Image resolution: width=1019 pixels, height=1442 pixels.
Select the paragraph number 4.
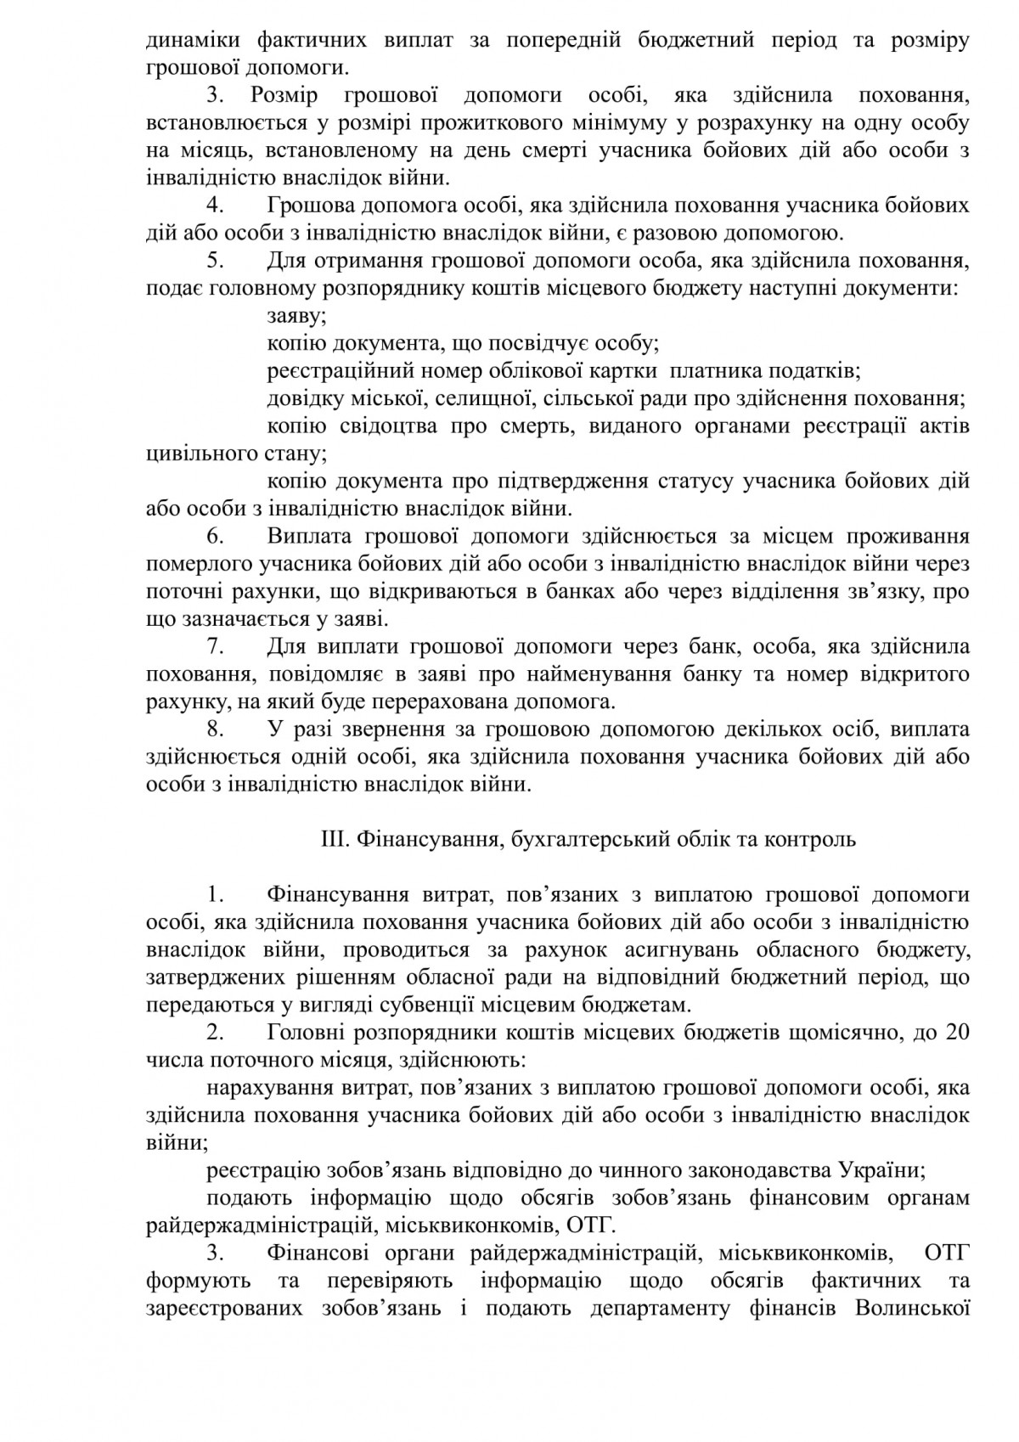pos(215,206)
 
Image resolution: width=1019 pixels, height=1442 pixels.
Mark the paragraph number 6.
pos(215,537)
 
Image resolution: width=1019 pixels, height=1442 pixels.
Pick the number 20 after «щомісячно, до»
pos(955,1032)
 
